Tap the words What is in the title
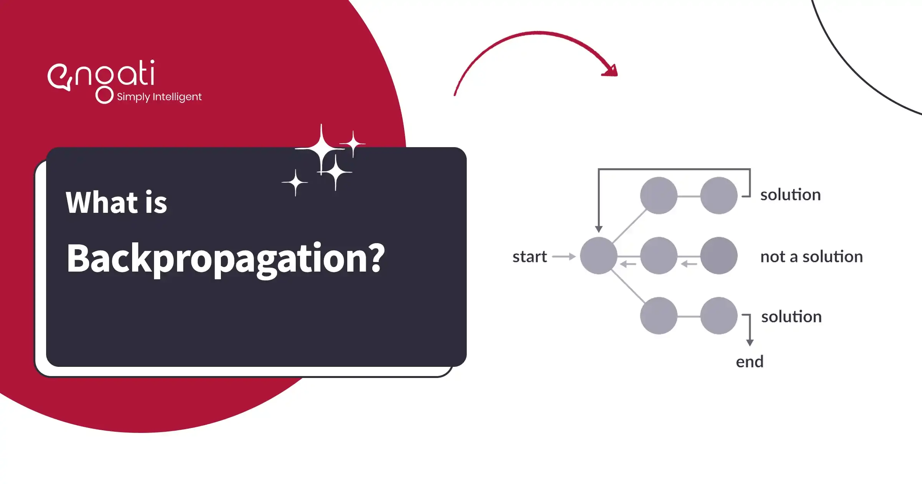point(116,202)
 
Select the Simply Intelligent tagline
point(159,97)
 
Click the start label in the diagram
point(529,257)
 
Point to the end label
point(750,362)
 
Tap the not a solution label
point(811,257)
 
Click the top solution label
point(790,195)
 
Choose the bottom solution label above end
point(791,317)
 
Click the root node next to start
point(599,256)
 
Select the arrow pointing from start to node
point(564,257)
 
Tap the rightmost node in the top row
point(719,196)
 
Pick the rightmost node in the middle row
point(719,256)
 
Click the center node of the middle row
point(659,256)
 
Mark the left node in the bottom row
point(659,316)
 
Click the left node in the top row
point(659,196)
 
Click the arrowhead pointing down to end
point(750,342)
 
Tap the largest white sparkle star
point(321,149)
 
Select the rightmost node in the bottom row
point(719,316)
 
